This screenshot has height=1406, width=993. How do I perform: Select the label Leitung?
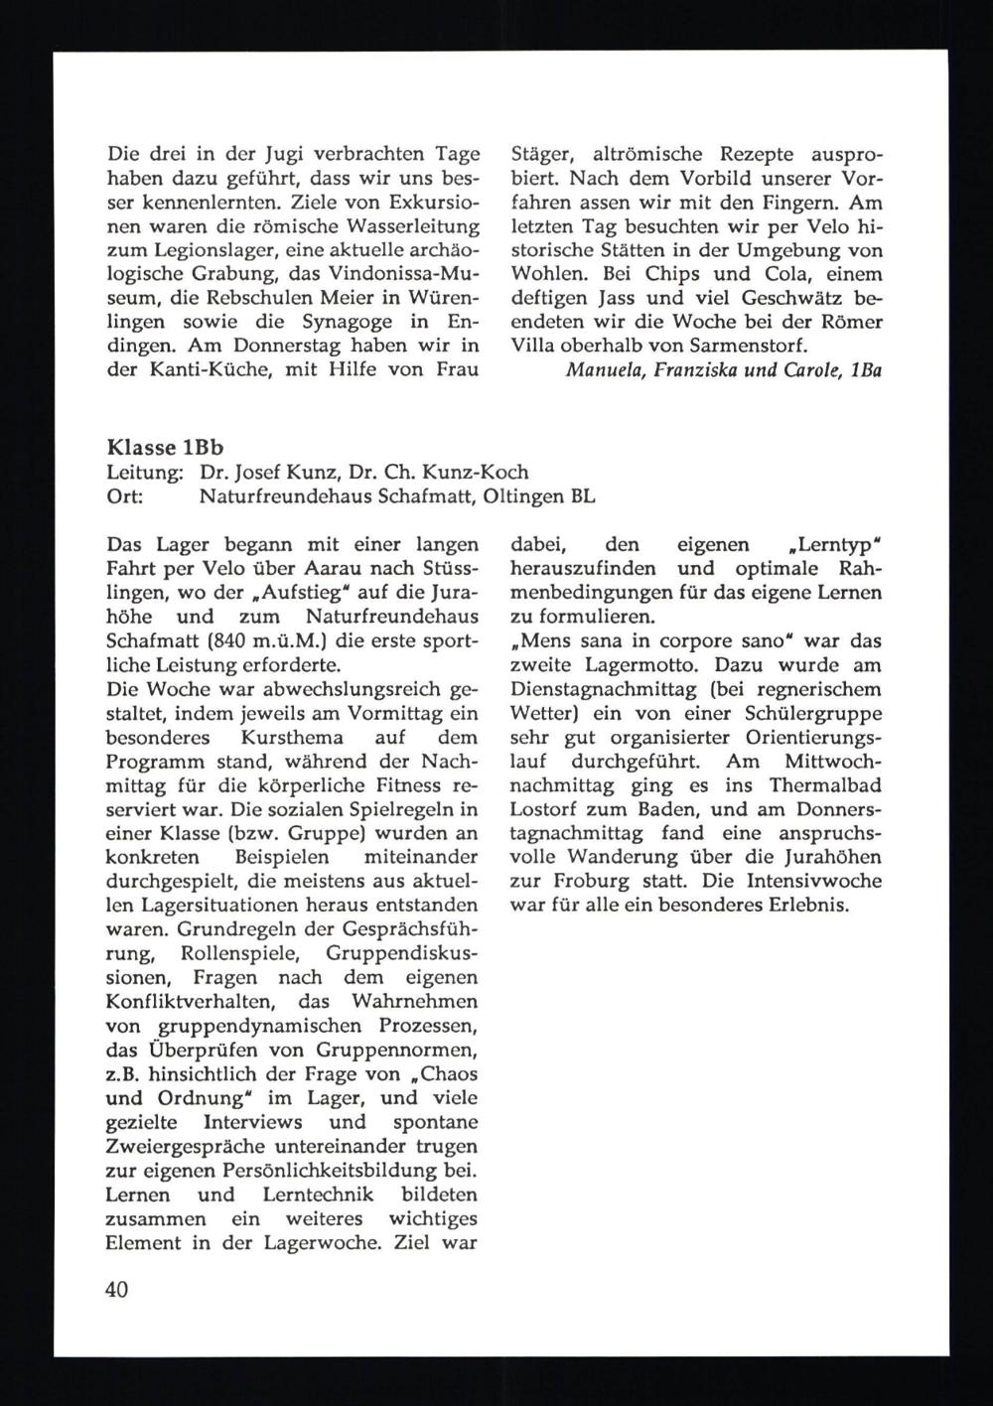143,472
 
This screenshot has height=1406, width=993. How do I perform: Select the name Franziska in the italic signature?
684,370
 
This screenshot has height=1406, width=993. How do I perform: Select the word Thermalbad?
827,785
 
